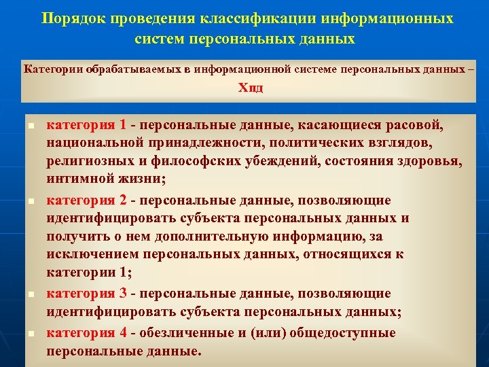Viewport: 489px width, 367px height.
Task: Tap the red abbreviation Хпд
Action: [250, 89]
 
